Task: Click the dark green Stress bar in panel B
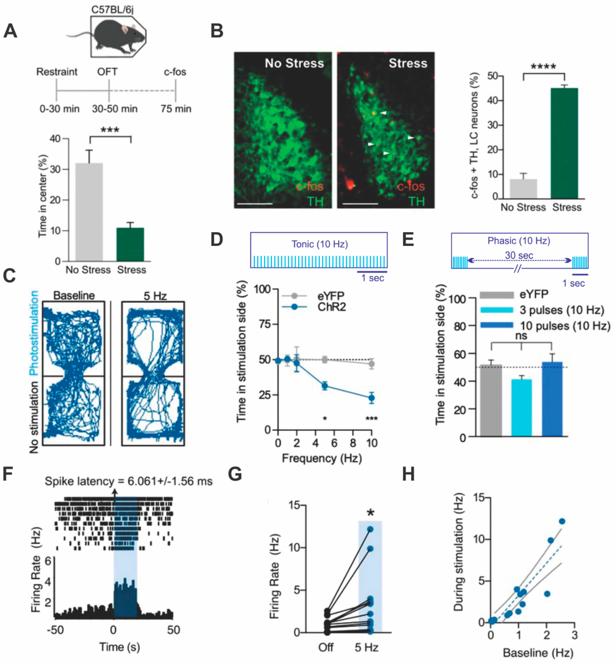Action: [564, 144]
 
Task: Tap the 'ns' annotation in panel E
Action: [521, 336]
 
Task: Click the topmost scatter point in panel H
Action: [562, 521]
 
